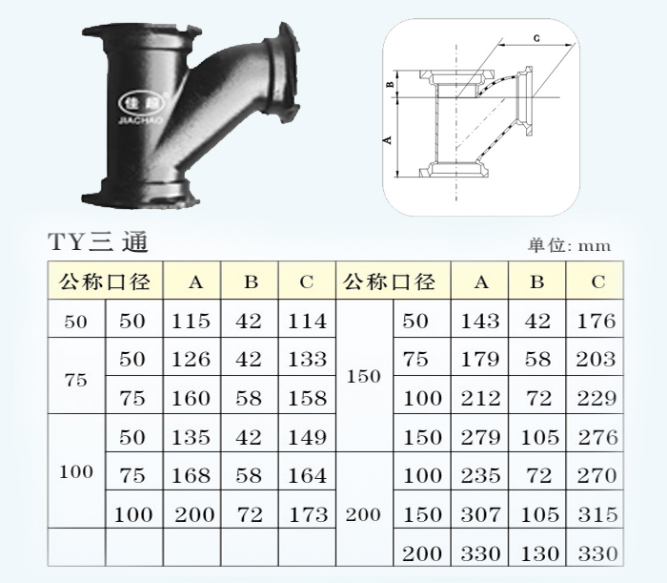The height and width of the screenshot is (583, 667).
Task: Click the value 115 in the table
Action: tap(191, 321)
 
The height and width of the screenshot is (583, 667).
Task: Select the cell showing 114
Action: tap(307, 321)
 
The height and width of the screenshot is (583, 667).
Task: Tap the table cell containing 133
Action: tap(307, 359)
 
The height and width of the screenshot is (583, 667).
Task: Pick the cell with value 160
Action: tap(191, 398)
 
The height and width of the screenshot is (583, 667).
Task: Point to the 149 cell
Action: tap(307, 437)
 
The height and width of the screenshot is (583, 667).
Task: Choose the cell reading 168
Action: tap(191, 475)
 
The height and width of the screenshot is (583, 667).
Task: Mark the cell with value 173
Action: tap(308, 514)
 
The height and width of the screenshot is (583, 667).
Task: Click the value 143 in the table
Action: tap(480, 321)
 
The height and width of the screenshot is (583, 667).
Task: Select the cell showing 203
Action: tap(596, 359)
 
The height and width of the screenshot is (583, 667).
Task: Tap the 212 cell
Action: tap(480, 398)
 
